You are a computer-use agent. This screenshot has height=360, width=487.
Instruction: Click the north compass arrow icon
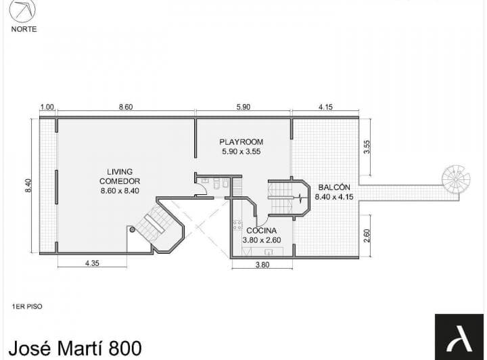pos(24,12)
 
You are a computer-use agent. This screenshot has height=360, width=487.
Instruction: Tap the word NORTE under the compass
pos(24,29)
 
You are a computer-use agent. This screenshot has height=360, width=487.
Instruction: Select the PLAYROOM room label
pos(241,141)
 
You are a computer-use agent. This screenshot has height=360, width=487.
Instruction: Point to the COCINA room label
pos(261,230)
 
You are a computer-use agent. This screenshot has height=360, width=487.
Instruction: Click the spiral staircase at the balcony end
pos(456,179)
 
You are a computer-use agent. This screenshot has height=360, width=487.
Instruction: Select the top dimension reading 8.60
pos(126,107)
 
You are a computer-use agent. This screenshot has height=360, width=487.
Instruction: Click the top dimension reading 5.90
pos(243,107)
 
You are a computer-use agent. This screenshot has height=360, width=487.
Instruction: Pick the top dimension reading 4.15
pos(325,107)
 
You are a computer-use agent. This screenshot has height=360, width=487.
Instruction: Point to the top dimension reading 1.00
pos(47,107)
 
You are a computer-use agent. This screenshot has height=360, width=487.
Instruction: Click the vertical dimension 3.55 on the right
pos(366,147)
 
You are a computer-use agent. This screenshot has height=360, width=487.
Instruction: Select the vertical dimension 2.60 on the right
pos(366,235)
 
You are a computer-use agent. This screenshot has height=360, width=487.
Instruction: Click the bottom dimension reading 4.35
pos(93,264)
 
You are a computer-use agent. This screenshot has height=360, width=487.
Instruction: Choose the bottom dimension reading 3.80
pos(262,265)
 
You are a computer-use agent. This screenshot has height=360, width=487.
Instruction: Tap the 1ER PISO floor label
pos(27,307)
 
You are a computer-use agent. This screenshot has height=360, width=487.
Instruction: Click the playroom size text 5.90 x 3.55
pos(241,152)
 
